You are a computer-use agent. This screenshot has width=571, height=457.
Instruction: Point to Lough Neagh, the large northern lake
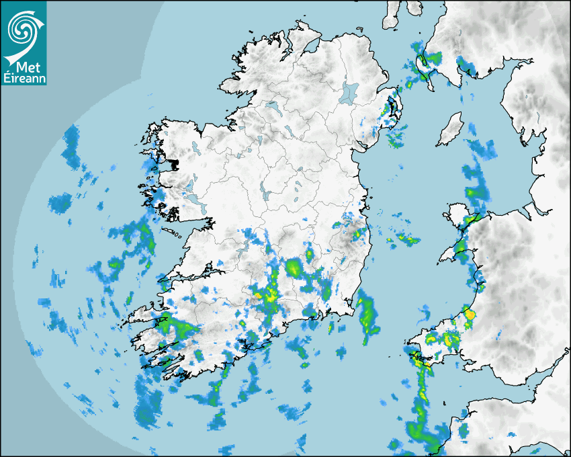(x=349, y=92)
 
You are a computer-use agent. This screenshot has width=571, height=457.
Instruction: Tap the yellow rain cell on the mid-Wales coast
(x=469, y=314)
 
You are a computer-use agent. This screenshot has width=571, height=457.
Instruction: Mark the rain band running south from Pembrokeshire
(x=421, y=403)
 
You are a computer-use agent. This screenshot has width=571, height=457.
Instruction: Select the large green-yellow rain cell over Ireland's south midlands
(x=294, y=269)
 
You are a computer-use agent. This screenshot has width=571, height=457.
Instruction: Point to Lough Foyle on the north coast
(x=310, y=48)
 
